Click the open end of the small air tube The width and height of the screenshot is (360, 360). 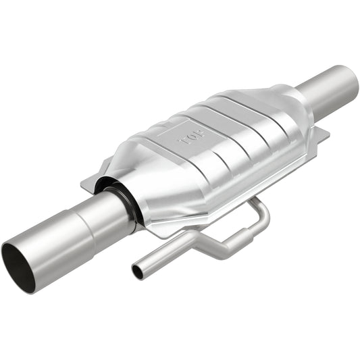(x=138, y=272)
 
